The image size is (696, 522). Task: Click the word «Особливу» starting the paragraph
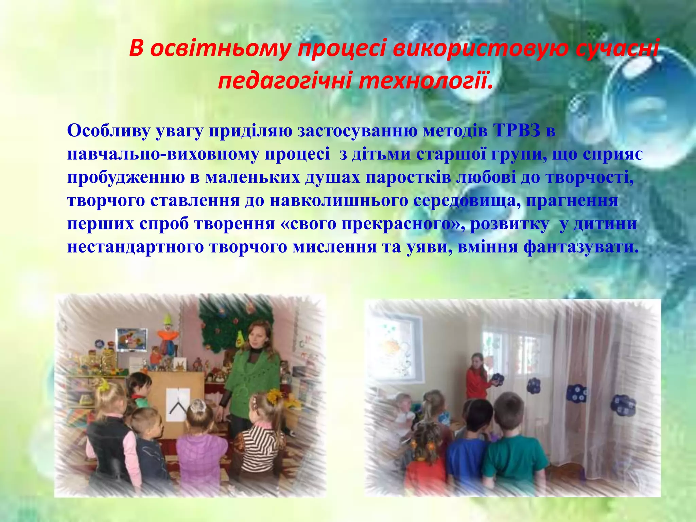(x=108, y=131)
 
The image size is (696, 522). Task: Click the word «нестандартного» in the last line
(x=136, y=247)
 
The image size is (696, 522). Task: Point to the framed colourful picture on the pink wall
(x=132, y=339)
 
